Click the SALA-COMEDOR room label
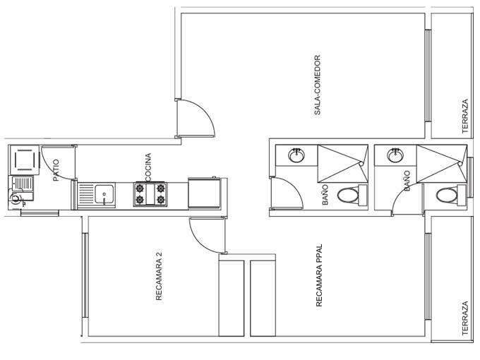point(317,85)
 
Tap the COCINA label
point(148,167)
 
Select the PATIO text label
point(56,170)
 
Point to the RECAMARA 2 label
point(159,276)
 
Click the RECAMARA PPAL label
point(319,275)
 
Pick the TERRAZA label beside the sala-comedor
point(465,116)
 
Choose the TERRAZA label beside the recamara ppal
point(465,318)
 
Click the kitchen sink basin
point(104,194)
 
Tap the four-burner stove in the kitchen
point(150,194)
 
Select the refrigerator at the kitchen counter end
point(204,193)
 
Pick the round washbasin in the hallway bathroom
point(296,155)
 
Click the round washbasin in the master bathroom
point(395,155)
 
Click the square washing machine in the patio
point(25,160)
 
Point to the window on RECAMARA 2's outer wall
point(85,275)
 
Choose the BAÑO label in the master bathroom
point(407,181)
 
